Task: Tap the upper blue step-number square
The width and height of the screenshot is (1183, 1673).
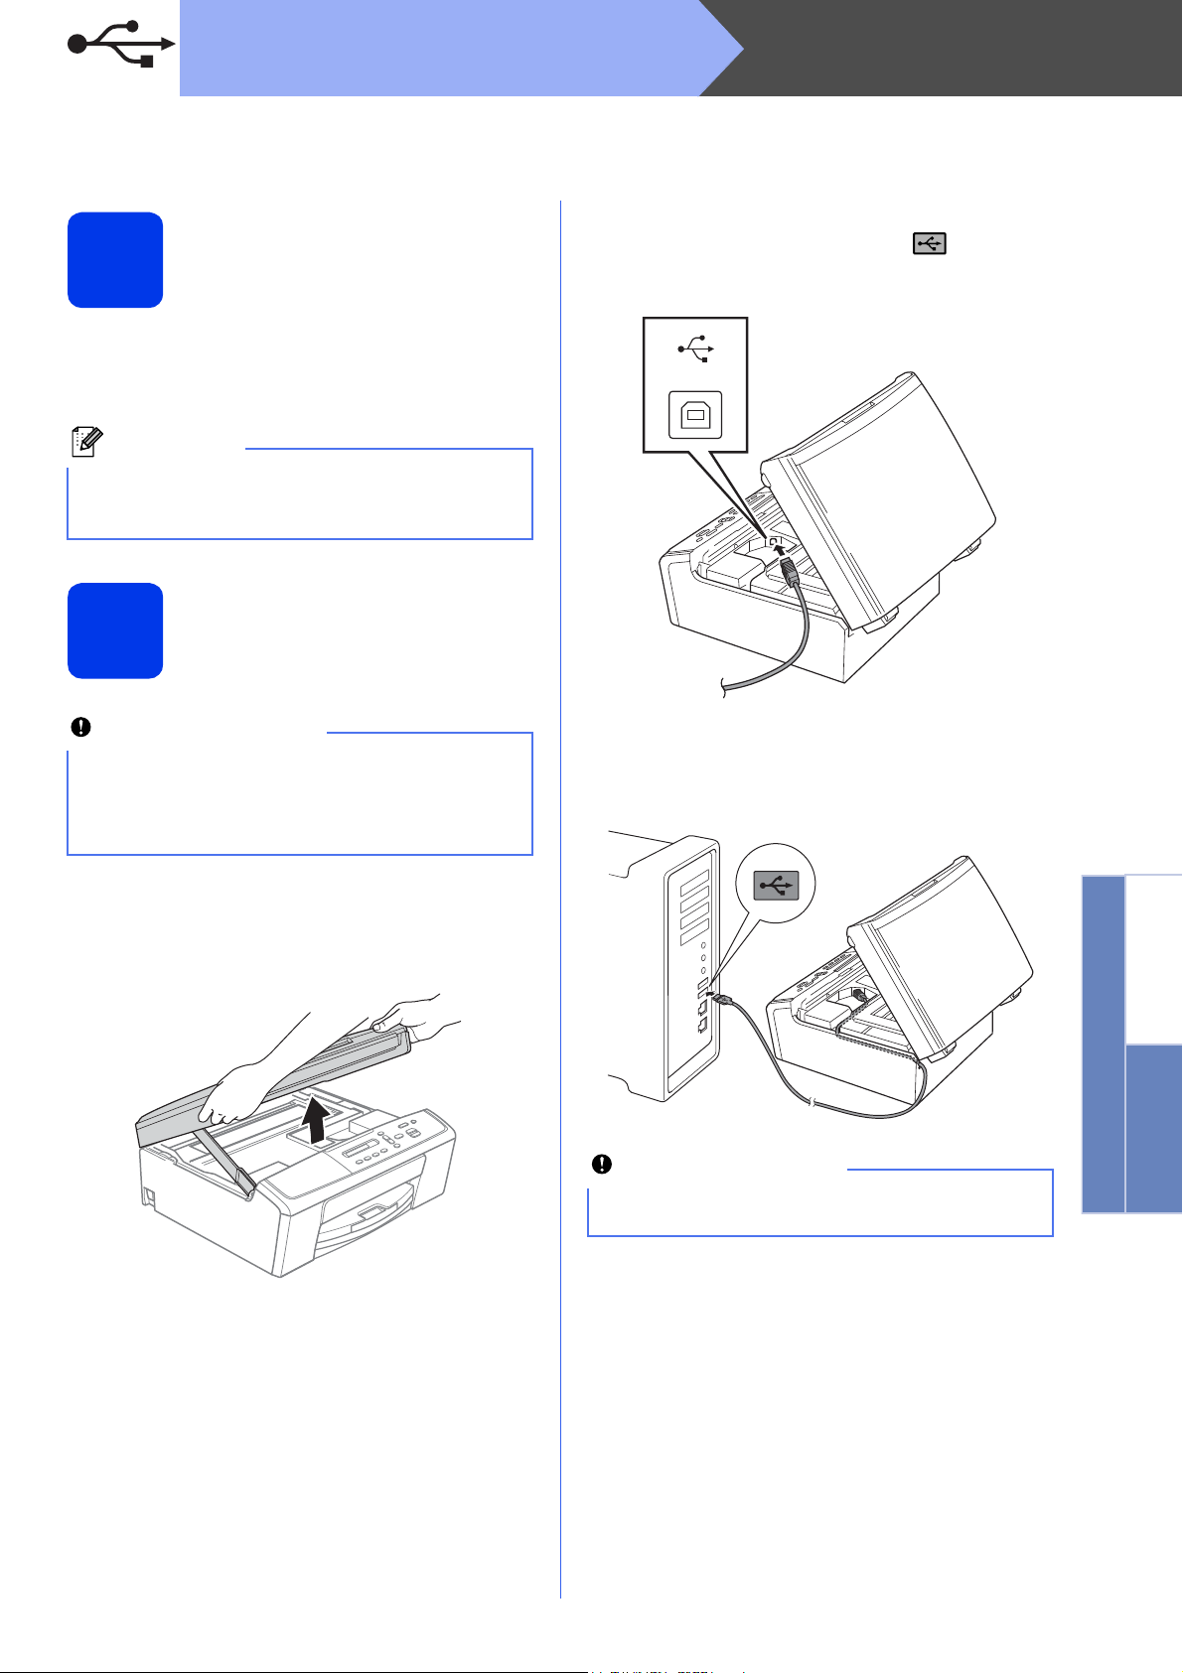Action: tap(115, 259)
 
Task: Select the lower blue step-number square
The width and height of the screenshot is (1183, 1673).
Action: tap(115, 630)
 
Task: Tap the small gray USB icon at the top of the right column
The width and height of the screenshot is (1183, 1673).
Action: tap(930, 243)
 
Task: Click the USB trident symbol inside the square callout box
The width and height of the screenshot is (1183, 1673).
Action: tap(695, 349)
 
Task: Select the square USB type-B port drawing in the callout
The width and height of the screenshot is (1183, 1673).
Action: tap(695, 416)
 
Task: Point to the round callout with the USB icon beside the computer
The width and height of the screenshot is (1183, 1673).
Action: tap(776, 884)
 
